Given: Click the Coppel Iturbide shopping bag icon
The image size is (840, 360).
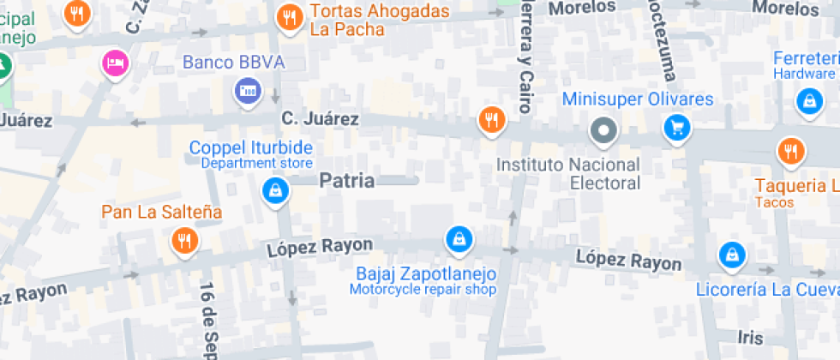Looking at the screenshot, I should click(274, 190).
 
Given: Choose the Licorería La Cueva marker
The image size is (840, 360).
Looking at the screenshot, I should click(731, 254).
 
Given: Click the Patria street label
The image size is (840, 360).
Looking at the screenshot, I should click(347, 181).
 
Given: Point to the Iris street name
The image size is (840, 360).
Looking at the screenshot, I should click(751, 337).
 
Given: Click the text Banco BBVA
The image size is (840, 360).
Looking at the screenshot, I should click(233, 63).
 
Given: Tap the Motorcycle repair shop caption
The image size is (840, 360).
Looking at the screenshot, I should click(423, 290).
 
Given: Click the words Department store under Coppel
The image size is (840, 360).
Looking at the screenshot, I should click(257, 163).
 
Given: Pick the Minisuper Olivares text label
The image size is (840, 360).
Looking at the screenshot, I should click(638, 99).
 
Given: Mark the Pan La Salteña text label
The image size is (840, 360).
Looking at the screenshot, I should click(162, 211).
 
